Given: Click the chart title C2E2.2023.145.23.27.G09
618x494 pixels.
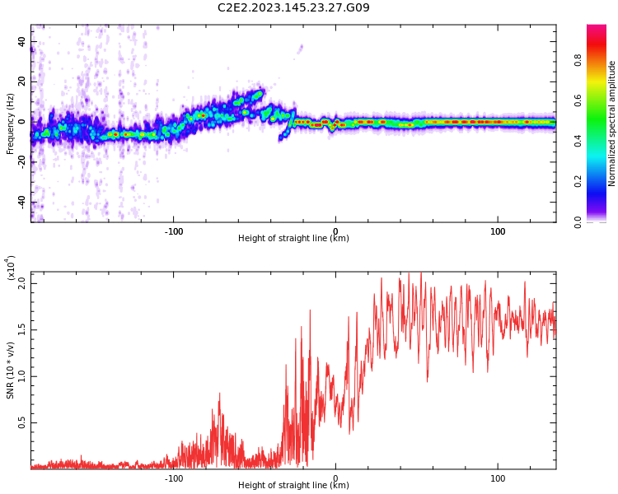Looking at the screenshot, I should [x=293, y=8].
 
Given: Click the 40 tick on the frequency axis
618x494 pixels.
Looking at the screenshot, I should [x=21, y=42].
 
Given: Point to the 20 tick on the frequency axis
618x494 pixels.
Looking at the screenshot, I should [x=21, y=82].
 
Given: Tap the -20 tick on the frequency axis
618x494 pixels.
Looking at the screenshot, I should [x=20, y=162].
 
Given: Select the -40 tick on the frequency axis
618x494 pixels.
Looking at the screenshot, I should [x=20, y=203].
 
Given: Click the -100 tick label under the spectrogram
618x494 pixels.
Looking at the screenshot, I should [x=173, y=231].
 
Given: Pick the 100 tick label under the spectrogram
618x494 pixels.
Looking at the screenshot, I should [x=498, y=231].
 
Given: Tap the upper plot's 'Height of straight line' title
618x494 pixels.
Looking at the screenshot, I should [x=293, y=239].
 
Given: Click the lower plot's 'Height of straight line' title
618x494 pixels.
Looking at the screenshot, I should [x=293, y=485].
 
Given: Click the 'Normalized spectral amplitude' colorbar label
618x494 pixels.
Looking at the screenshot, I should [x=612, y=123].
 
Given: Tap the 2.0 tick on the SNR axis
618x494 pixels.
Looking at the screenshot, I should [x=22, y=282].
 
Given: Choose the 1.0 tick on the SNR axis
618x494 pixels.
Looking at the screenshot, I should [x=22, y=376].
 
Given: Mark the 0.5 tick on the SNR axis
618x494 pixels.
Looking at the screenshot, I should [x=22, y=423].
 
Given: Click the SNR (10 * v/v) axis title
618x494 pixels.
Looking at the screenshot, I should [x=11, y=359].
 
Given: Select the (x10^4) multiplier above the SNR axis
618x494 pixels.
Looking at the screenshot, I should [x=12, y=268].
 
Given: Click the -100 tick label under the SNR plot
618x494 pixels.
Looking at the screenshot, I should [x=173, y=478].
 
